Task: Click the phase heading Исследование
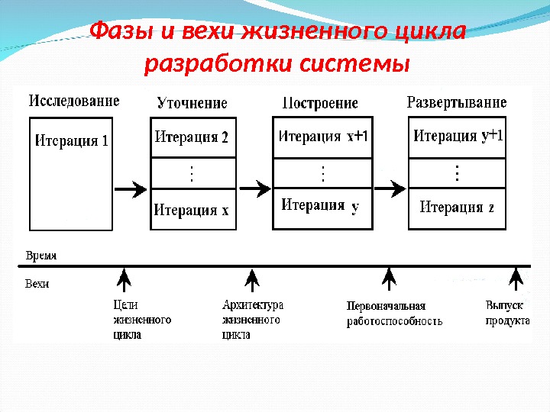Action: pos(74,101)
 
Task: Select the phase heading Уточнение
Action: pos(192,103)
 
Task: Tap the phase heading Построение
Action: pos(320,103)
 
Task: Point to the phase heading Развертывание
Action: pos(457,102)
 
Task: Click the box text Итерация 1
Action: pos(72,140)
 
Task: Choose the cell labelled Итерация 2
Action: pos(192,138)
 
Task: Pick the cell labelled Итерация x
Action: pos(192,210)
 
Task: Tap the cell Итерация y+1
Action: pos(458,137)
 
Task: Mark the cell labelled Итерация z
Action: pos(458,207)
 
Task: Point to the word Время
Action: pos(40,256)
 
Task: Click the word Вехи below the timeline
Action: pos(37,284)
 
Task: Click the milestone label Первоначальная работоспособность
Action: pos(394,314)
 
